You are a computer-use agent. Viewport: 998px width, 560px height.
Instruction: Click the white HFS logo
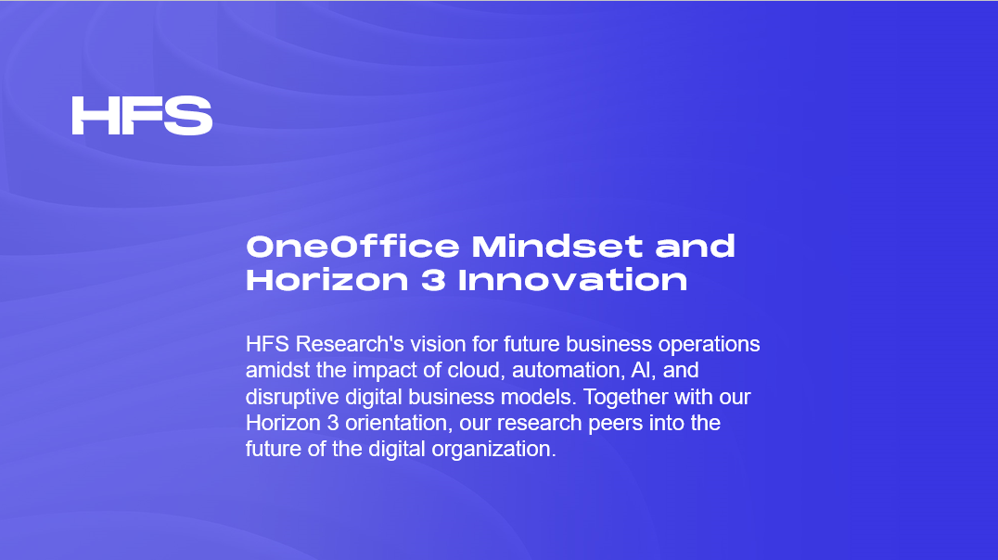(x=142, y=116)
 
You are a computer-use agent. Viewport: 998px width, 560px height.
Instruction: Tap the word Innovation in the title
(x=573, y=280)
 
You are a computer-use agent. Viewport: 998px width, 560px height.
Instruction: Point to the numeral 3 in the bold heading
(x=433, y=280)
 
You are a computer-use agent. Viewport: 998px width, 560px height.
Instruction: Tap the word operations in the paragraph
(x=709, y=344)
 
